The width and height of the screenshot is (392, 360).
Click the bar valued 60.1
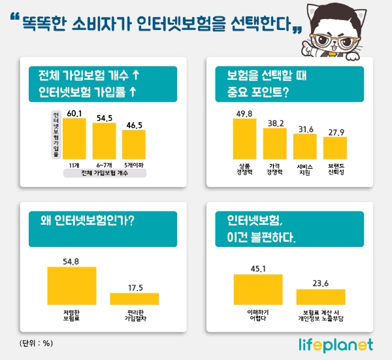pyautogui.click(x=74, y=140)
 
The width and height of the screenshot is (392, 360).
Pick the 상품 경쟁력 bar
pyautogui.click(x=245, y=140)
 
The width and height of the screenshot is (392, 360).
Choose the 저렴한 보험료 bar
pyautogui.click(x=72, y=286)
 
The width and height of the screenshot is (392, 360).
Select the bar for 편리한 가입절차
pyautogui.click(x=135, y=299)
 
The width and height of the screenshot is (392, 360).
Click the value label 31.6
pyautogui.click(x=305, y=129)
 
